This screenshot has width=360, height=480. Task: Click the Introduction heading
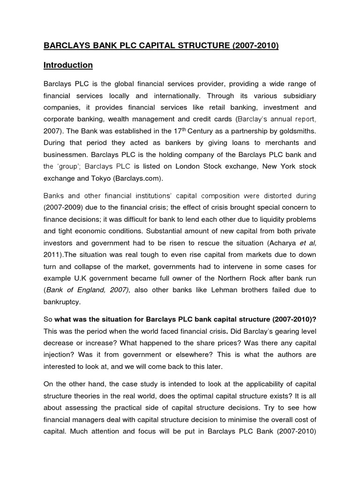pos(68,65)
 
